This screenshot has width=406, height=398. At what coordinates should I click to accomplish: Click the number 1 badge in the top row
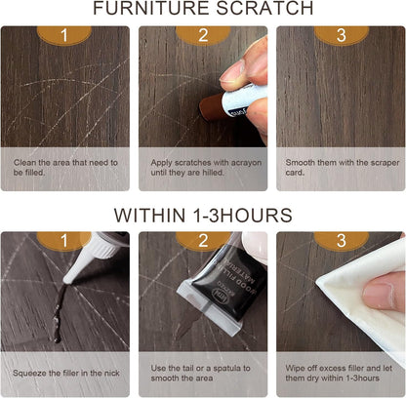pyautogui.click(x=64, y=35)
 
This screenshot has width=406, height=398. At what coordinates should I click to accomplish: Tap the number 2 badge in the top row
pyautogui.click(x=203, y=35)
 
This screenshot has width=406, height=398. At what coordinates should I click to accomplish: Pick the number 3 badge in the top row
pyautogui.click(x=341, y=35)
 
